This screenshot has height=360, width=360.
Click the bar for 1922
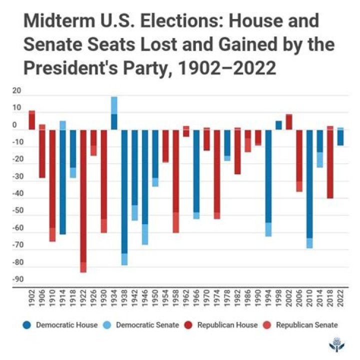click(83, 200)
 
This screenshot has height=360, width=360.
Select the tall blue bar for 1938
click(124, 195)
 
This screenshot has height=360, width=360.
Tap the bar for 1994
click(268, 180)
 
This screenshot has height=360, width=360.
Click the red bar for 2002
click(289, 122)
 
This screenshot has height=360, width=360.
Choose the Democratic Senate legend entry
click(142, 325)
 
